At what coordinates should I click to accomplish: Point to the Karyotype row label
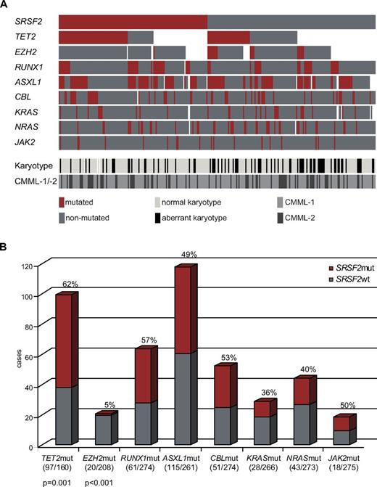tap(24, 165)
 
